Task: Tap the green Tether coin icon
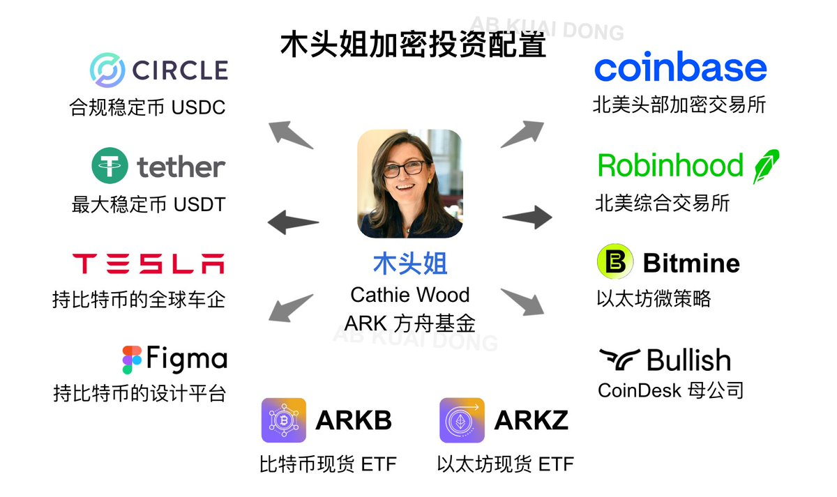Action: (x=110, y=166)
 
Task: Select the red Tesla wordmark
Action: (x=149, y=263)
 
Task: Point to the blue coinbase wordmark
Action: (x=680, y=68)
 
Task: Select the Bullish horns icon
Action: (x=619, y=360)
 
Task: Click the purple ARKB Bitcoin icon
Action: (x=284, y=420)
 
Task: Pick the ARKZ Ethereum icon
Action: (x=462, y=420)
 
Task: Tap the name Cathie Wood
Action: (x=409, y=295)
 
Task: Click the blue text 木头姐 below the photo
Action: (x=410, y=264)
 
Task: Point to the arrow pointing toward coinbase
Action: (x=522, y=133)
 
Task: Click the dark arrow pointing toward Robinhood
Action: (x=527, y=216)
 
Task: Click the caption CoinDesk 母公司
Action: (x=670, y=390)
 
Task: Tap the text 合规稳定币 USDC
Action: (x=147, y=108)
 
